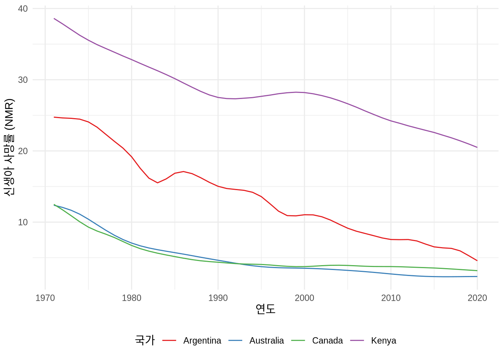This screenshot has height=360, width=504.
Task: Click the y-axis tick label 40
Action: click(x=22, y=9)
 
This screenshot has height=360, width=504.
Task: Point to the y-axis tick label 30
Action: click(x=22, y=80)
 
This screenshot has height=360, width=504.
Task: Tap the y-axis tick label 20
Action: click(x=22, y=151)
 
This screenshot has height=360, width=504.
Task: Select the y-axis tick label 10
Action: click(x=22, y=222)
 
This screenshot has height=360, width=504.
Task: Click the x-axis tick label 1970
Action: click(x=45, y=298)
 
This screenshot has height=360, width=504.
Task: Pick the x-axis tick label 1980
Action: click(x=132, y=298)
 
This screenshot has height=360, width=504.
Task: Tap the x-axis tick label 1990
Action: click(x=218, y=298)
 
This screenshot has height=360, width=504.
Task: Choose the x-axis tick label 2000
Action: click(x=304, y=298)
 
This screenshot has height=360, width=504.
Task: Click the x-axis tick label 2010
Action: click(x=391, y=298)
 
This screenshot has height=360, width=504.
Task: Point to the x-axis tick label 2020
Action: click(x=477, y=298)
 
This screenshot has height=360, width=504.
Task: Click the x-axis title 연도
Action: click(x=265, y=309)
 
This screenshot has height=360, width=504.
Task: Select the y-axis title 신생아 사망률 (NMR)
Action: click(x=9, y=147)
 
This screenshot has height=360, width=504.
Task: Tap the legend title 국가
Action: click(x=145, y=340)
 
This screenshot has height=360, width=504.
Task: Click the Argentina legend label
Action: click(x=202, y=340)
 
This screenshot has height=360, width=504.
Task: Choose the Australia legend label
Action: click(x=267, y=340)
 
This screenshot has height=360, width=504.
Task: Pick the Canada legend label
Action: click(x=327, y=340)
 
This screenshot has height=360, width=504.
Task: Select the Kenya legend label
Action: click(x=384, y=340)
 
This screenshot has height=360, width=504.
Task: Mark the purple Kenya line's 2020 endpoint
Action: click(x=477, y=147)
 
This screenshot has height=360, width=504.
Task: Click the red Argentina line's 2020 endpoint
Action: click(x=477, y=261)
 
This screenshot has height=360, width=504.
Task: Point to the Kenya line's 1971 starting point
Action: click(x=54, y=18)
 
